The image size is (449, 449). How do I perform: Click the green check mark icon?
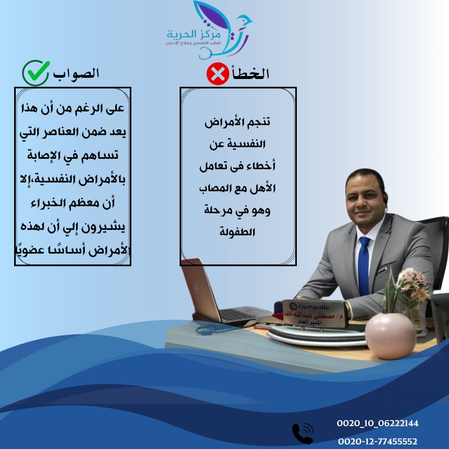pos(36,73)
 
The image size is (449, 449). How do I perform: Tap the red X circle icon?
pos(217,74)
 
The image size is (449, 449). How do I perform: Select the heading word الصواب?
pos(76,74)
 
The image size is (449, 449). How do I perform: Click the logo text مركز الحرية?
pos(194,34)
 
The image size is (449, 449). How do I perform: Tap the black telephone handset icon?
pos(302,433)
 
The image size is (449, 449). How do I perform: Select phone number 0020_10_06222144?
pos(377,423)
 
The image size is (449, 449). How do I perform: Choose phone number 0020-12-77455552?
pos(377,441)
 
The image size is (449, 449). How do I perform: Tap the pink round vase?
pos(390,336)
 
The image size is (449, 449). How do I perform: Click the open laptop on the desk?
pos(220,295)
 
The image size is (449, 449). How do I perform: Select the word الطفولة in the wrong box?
pos(237,232)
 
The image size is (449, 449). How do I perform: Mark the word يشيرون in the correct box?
pos(104,227)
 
